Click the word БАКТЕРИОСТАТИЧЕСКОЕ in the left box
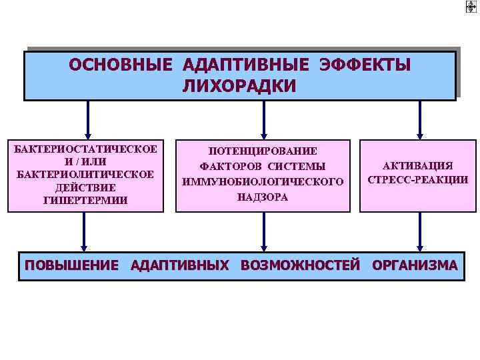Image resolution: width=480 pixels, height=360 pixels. point(86,148)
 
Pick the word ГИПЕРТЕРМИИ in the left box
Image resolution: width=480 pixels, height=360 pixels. point(86,200)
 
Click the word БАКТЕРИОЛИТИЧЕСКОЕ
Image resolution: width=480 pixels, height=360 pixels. point(86,174)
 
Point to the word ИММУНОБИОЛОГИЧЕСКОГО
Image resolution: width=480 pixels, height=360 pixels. point(263,181)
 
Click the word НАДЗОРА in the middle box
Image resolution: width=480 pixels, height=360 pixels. point(263,197)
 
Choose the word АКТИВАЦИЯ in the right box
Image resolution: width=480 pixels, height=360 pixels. point(417,165)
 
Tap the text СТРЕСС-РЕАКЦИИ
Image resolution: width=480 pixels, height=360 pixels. point(417,180)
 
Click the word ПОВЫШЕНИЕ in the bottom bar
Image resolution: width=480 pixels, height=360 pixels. point(72,265)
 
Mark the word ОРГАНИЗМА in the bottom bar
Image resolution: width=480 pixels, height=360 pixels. point(415,265)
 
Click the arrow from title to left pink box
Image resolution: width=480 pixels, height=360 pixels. point(86,120)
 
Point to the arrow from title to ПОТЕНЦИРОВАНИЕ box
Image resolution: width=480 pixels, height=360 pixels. point(264,120)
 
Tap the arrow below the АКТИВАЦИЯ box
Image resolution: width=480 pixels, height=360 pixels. point(419,233)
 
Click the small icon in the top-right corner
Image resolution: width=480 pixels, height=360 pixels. point(471,7)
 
